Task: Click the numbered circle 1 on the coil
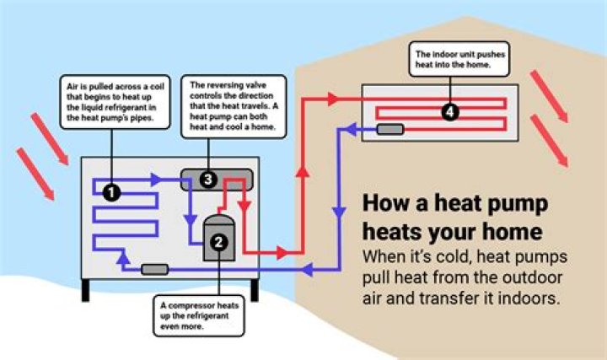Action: [x=111, y=192]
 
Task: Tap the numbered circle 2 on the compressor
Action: [x=218, y=242]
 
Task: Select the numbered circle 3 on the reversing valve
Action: [x=208, y=180]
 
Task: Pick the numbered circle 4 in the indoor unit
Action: [x=450, y=112]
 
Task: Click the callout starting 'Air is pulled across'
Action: [x=115, y=102]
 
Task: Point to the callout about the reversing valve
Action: [x=234, y=106]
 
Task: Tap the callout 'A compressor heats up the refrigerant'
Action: [x=199, y=316]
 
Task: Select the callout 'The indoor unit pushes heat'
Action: [x=459, y=59]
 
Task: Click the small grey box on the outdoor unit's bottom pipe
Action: [x=155, y=270]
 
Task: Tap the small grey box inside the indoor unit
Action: [x=390, y=129]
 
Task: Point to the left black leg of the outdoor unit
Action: [x=85, y=290]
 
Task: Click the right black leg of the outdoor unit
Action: [x=255, y=290]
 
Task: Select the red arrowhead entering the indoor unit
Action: [x=333, y=99]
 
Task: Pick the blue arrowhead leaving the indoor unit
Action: [x=351, y=129]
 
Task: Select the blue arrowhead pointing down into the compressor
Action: [x=190, y=220]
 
